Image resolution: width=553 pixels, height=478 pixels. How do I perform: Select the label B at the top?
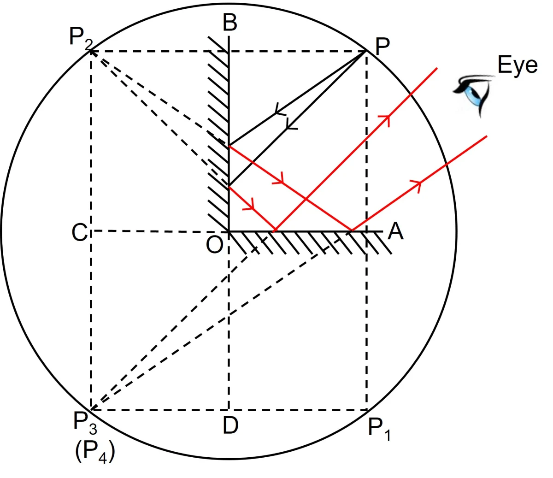point(230,22)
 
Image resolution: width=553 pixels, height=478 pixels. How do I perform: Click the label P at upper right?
point(382,46)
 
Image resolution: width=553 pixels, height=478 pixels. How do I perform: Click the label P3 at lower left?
point(85,422)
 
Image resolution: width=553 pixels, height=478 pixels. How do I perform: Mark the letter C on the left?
point(79,233)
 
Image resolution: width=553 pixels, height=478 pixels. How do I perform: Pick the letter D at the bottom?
point(230,425)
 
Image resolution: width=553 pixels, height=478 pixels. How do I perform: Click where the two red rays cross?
point(306,199)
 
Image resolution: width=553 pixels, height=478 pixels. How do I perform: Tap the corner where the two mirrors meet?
point(229,230)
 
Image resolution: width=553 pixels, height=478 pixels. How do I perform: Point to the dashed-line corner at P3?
point(91,409)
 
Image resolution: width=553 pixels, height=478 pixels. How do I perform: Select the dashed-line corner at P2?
point(91,51)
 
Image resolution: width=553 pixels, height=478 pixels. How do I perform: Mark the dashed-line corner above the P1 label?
point(367,409)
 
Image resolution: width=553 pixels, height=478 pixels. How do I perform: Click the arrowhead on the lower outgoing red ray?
point(418,185)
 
